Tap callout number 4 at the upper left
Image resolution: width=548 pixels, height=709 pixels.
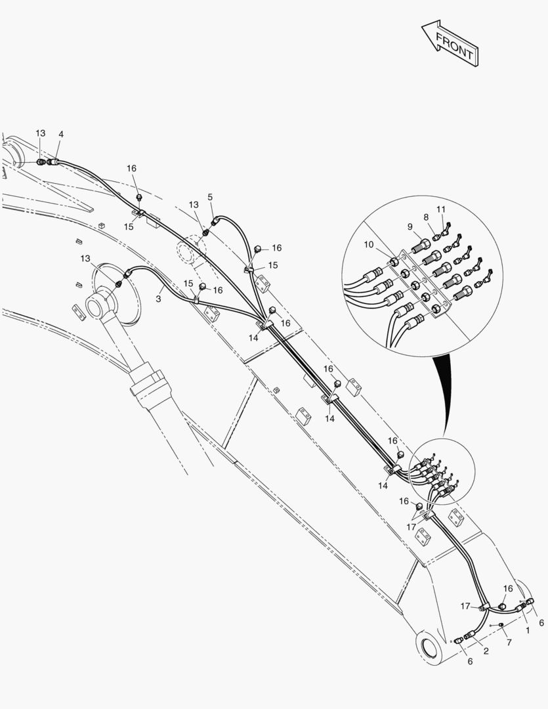[61, 135]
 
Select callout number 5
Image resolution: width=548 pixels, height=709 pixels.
[210, 197]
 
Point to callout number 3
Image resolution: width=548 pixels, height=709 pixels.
[158, 299]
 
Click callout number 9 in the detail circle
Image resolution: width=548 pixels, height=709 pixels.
[410, 226]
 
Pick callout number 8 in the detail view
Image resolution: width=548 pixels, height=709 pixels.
[426, 217]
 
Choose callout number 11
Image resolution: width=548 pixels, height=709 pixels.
[441, 209]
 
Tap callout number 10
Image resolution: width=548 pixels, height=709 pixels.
[369, 245]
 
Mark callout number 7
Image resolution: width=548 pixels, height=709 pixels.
[509, 643]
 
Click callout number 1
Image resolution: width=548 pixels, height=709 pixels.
[527, 630]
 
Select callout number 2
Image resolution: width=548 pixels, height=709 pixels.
[486, 651]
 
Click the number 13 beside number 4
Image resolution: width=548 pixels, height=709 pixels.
[41, 133]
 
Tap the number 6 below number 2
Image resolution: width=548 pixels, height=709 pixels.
[471, 662]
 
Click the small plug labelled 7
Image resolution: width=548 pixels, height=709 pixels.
[501, 625]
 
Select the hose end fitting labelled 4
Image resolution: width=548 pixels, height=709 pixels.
[51, 162]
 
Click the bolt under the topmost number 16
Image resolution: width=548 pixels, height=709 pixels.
[139, 198]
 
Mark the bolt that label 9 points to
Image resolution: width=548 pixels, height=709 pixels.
[421, 247]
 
